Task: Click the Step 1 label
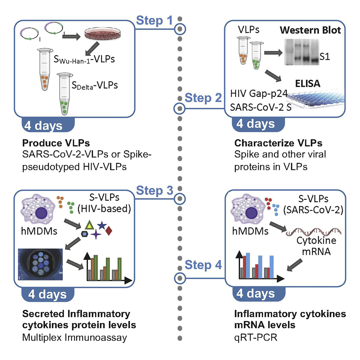(x=155, y=21)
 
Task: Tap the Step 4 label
(x=203, y=265)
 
